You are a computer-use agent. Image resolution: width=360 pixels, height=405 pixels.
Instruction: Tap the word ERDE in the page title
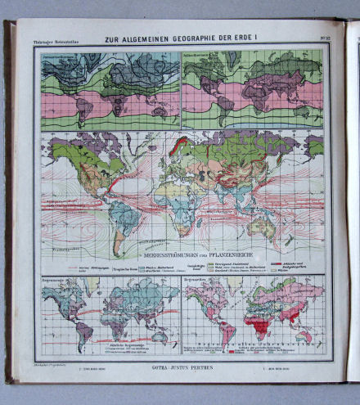(255, 37)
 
